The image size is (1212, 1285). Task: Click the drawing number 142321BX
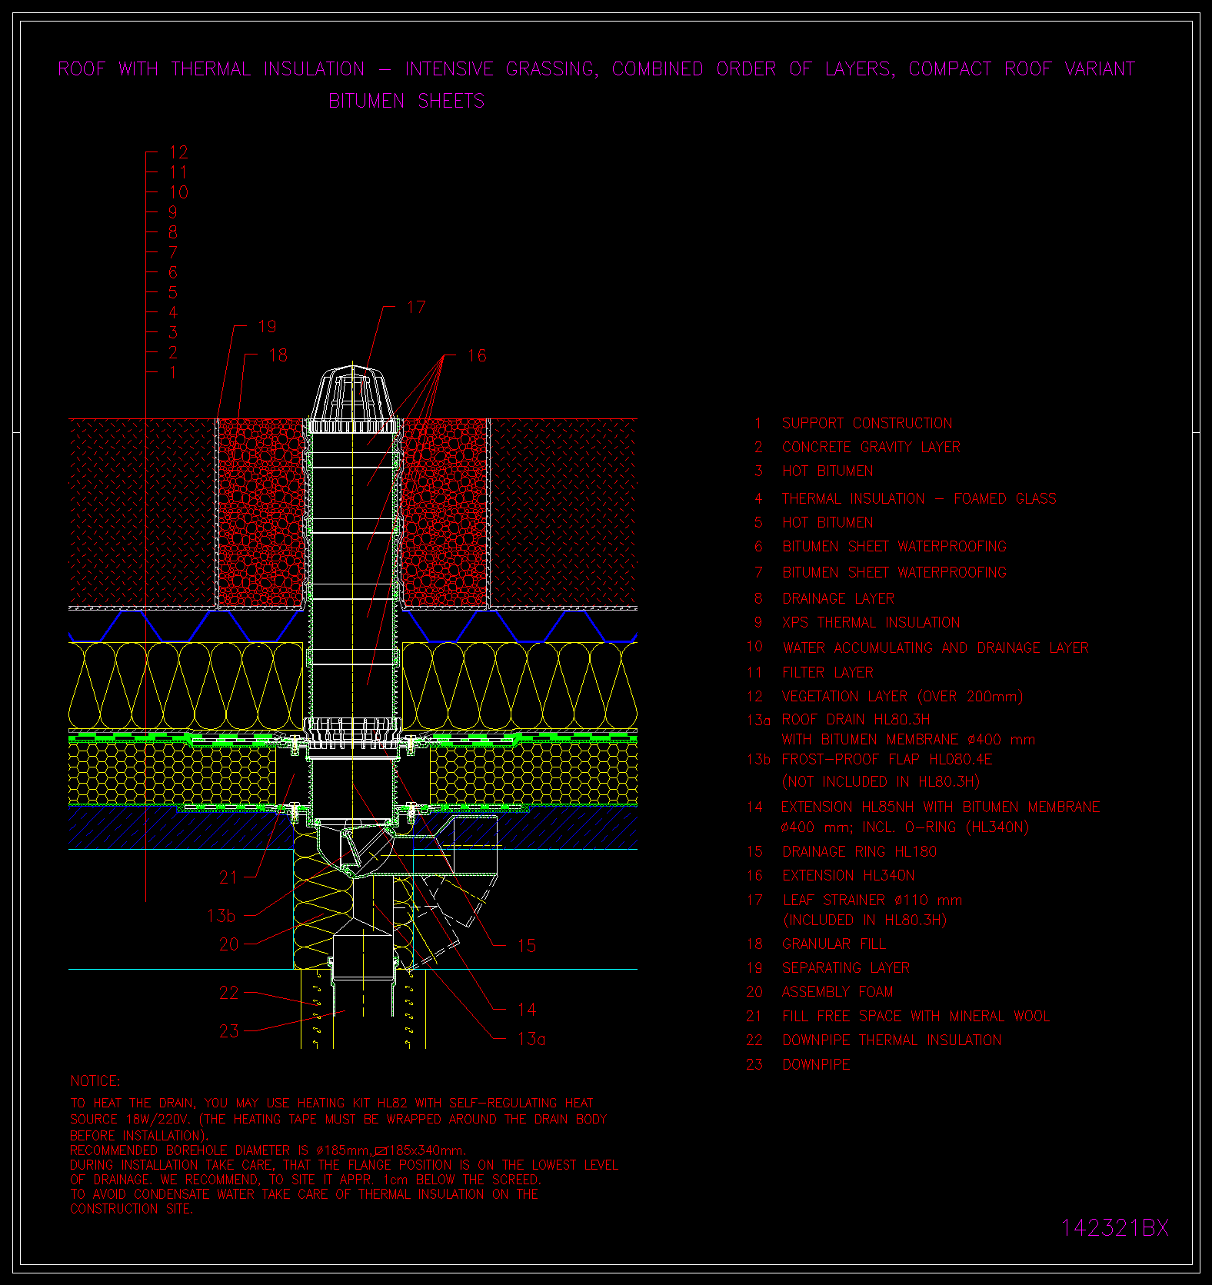tap(1114, 1228)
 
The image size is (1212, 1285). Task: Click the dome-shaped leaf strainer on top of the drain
tap(353, 400)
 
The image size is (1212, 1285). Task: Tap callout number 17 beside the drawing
tap(416, 308)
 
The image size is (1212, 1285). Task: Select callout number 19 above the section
tap(267, 327)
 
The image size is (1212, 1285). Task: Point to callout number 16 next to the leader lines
tap(477, 355)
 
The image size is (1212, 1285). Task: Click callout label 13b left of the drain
tap(221, 916)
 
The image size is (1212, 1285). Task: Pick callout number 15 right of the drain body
tap(527, 946)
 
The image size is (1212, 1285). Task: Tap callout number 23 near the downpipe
tap(229, 1031)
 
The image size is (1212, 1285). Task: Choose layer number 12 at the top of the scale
tap(178, 152)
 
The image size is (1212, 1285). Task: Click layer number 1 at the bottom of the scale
tap(173, 372)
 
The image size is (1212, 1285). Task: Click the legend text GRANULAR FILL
tap(834, 944)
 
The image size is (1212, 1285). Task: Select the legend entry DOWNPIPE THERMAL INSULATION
tap(892, 1040)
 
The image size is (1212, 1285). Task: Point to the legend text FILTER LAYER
tap(827, 673)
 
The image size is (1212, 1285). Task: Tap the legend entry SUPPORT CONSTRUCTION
tap(867, 424)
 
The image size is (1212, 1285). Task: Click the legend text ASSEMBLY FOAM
tap(837, 992)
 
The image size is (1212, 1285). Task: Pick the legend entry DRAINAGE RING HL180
tap(860, 852)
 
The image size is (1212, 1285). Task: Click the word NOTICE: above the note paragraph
tap(95, 1081)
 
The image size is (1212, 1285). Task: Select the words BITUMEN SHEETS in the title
tap(407, 101)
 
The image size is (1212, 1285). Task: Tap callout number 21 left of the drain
tap(229, 877)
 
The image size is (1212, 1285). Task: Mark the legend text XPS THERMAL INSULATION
tap(871, 623)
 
